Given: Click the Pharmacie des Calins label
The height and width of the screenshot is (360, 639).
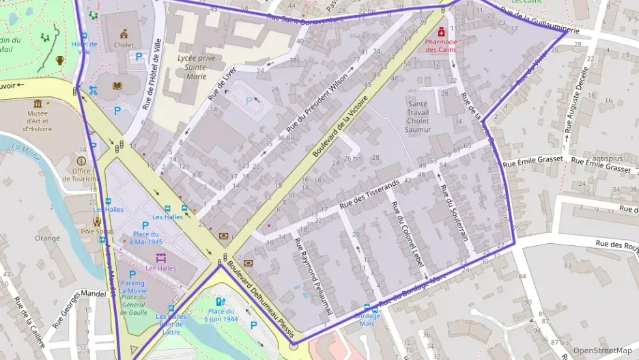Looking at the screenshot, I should tap(442, 45).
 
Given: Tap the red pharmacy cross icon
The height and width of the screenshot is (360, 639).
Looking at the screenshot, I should tap(442, 31).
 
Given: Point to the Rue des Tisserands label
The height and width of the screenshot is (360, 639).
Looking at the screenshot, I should tap(369, 195).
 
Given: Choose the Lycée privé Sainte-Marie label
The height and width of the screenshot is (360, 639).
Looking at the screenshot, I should tap(196, 67).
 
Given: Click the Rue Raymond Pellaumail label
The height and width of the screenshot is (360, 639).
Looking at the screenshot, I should tap(313, 275).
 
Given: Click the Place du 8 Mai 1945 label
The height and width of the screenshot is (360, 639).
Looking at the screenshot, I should tap(145, 238).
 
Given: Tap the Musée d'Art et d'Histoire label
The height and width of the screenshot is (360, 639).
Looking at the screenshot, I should tap(37, 120).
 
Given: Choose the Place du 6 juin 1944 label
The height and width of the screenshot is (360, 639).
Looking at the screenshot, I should tap(221, 316).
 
